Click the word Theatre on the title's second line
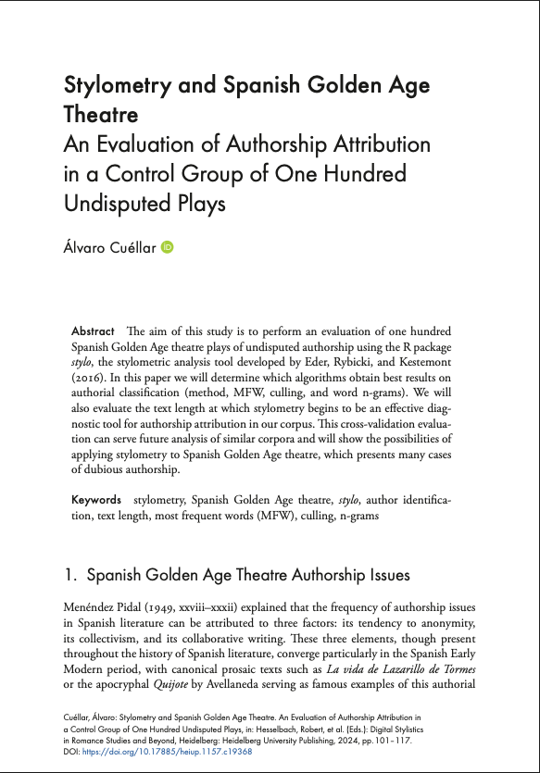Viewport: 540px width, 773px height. (x=101, y=116)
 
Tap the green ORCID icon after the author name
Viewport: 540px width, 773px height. (x=168, y=247)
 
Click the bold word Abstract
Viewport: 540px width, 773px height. (x=93, y=331)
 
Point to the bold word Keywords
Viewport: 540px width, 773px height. (x=96, y=500)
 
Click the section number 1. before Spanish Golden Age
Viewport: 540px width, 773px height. (x=70, y=576)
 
